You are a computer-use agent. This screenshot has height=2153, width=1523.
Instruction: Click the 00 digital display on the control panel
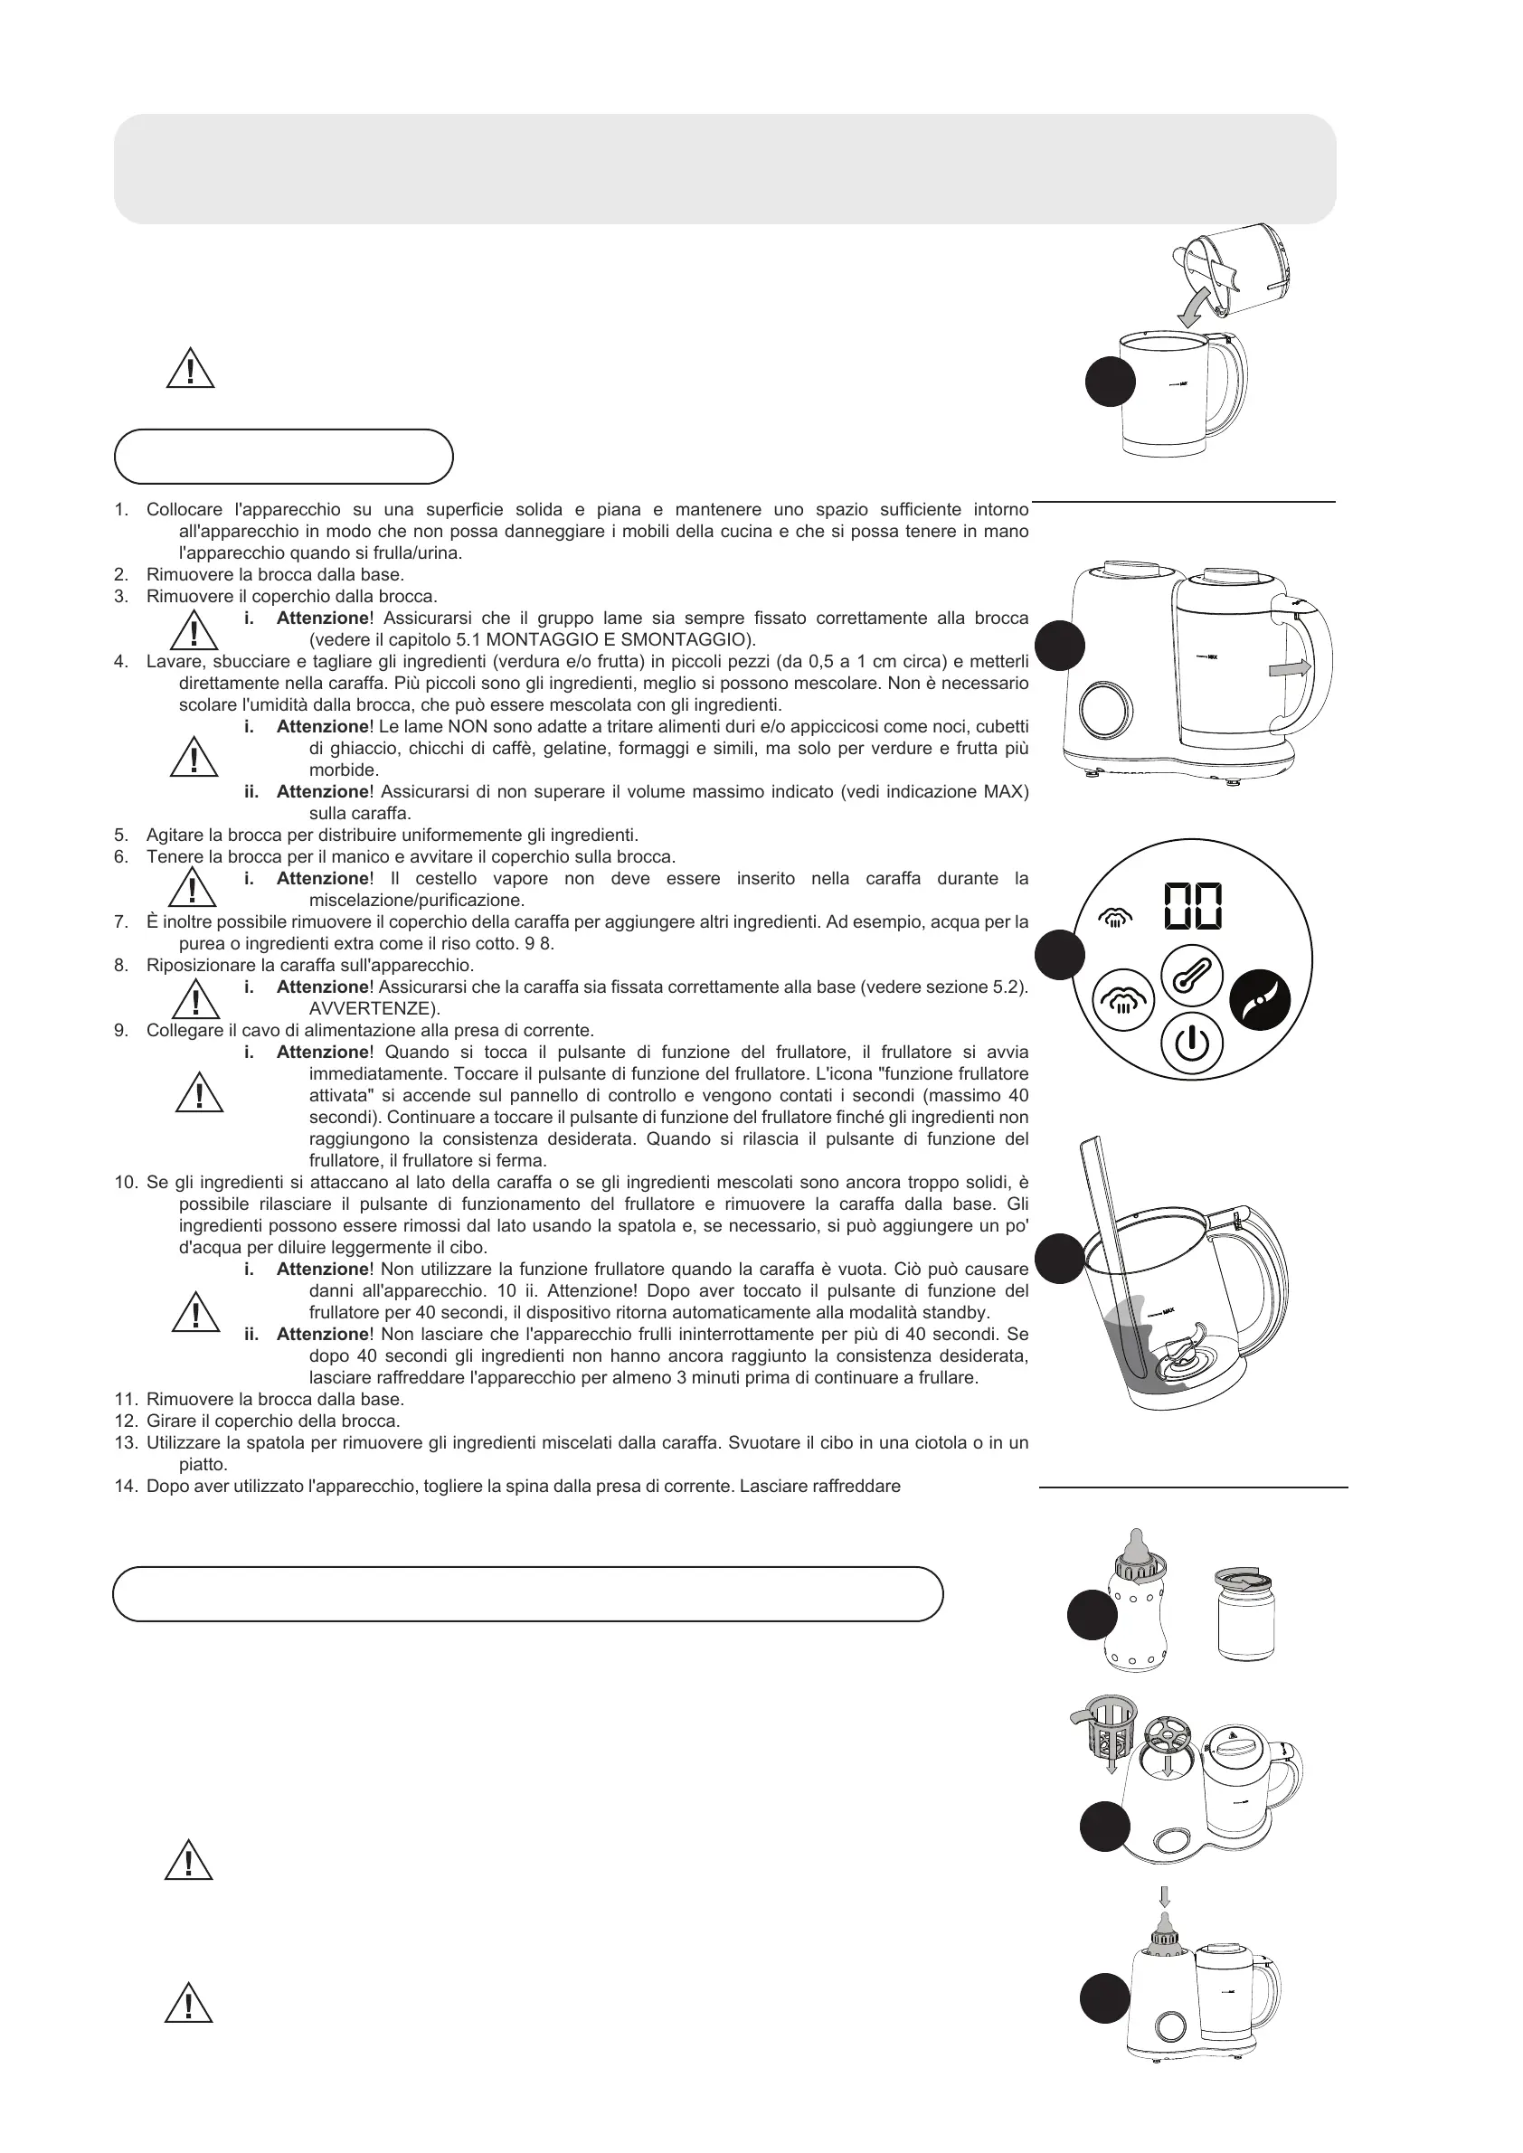1193,907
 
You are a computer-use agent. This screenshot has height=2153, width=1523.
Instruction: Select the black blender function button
1260,999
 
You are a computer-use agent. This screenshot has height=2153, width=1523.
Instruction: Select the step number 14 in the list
127,1487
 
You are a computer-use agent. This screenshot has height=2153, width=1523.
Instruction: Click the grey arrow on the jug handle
1290,667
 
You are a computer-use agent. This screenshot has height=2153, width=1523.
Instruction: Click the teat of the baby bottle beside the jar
1140,1544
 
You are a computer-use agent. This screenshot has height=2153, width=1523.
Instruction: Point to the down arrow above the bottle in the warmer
1165,1896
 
